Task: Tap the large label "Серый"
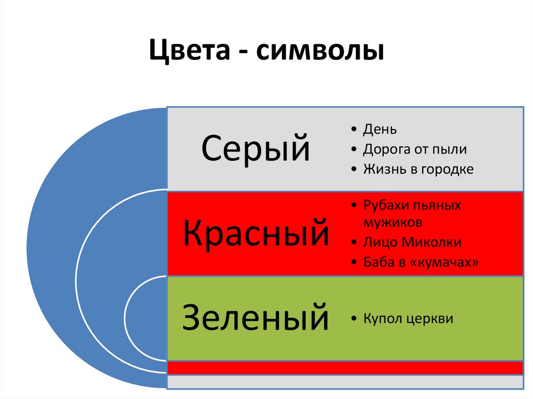point(255,148)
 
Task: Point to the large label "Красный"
point(256,234)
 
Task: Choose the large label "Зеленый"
point(255,318)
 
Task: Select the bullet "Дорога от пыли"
point(414,149)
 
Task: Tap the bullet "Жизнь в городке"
point(418,169)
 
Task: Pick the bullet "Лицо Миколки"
point(412,242)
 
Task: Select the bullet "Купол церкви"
point(408,318)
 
